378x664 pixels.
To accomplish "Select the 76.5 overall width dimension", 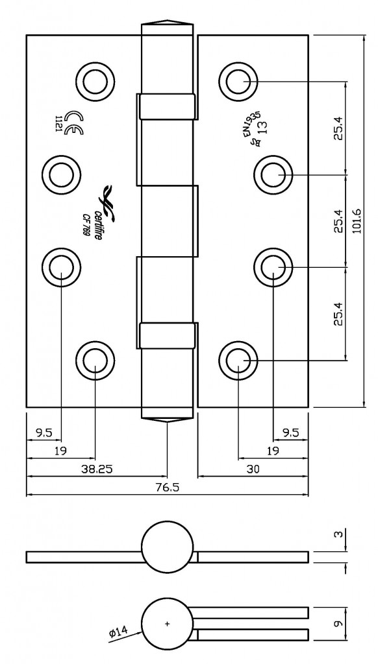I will (x=167, y=488).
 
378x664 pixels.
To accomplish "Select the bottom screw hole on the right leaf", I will (x=238, y=359).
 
